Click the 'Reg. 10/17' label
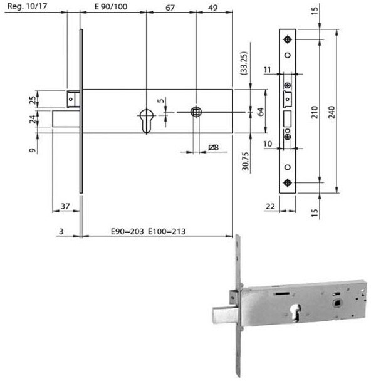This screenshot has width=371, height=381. (x=27, y=6)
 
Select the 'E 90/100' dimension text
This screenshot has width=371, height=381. (x=111, y=6)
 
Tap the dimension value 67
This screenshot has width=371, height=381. (x=170, y=8)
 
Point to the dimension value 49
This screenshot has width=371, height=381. (x=213, y=8)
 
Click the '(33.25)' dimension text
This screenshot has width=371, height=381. (x=243, y=63)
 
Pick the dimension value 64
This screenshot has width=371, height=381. (x=260, y=112)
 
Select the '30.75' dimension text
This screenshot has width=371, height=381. (x=246, y=161)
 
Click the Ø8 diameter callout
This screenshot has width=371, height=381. (x=214, y=147)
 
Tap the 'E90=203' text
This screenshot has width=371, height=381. (x=127, y=231)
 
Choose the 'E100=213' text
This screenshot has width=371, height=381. (x=167, y=231)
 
